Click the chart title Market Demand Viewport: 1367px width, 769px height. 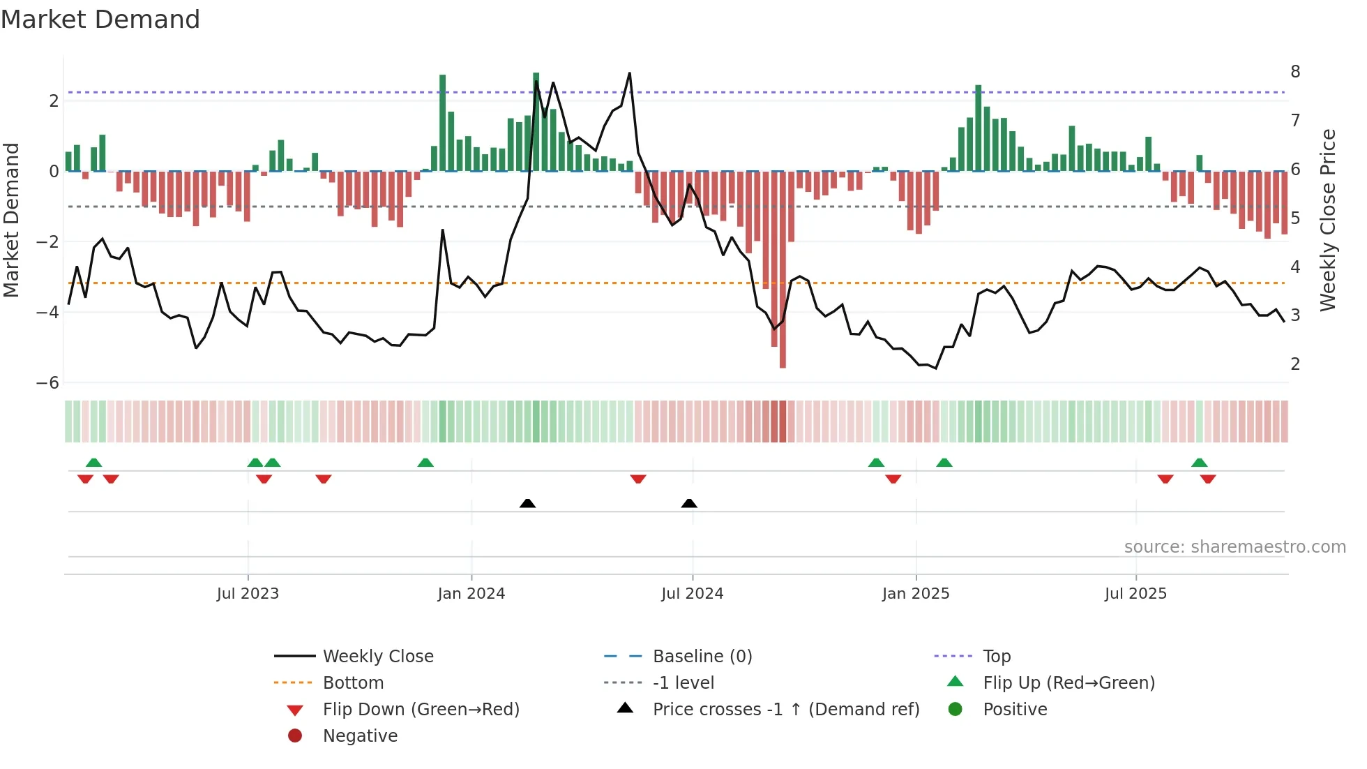[x=100, y=20]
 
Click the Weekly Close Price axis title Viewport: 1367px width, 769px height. [x=1328, y=220]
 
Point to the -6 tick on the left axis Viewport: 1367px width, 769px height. [x=47, y=383]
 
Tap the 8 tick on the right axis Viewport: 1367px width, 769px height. [x=1295, y=72]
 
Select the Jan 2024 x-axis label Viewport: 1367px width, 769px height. [x=471, y=594]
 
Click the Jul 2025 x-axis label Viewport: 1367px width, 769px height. [x=1135, y=594]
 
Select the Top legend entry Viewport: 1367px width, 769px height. [x=996, y=657]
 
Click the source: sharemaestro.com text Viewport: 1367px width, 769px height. [x=1234, y=547]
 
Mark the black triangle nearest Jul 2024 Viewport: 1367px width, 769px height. [x=689, y=504]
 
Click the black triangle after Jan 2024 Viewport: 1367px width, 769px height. [x=528, y=504]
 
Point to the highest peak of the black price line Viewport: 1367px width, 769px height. [x=630, y=73]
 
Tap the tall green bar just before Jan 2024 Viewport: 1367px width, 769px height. [x=443, y=122]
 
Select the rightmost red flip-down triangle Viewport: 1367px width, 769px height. [x=1208, y=479]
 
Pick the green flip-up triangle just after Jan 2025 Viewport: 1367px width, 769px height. [x=944, y=463]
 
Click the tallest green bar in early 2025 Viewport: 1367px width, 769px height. [x=979, y=128]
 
